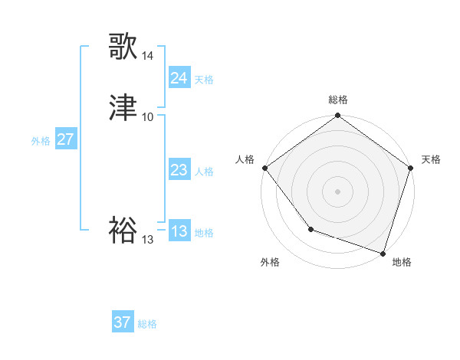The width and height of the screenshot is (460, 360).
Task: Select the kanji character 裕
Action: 123,230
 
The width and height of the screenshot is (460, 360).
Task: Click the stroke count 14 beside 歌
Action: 148,57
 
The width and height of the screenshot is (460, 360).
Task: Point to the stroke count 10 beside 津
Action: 148,117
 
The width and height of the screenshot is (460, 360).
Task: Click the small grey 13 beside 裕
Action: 148,240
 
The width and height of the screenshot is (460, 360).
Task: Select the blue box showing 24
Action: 179,78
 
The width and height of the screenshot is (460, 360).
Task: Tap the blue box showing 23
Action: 179,171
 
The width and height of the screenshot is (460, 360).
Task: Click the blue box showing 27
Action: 66,140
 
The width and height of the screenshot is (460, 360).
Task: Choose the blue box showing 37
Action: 123,322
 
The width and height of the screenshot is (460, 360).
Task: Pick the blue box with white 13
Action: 179,232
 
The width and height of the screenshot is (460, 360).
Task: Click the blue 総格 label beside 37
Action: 147,324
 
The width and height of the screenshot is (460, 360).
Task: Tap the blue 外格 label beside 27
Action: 41,141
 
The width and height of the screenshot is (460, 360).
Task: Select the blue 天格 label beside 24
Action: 204,80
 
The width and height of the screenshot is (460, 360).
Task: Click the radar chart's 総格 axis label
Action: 337,100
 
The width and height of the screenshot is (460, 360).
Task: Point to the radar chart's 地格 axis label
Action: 402,262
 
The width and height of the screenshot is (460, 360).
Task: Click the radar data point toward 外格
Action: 310,228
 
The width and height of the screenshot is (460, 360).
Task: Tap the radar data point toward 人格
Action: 264,168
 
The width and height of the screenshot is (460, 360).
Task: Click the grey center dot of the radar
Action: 337,191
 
